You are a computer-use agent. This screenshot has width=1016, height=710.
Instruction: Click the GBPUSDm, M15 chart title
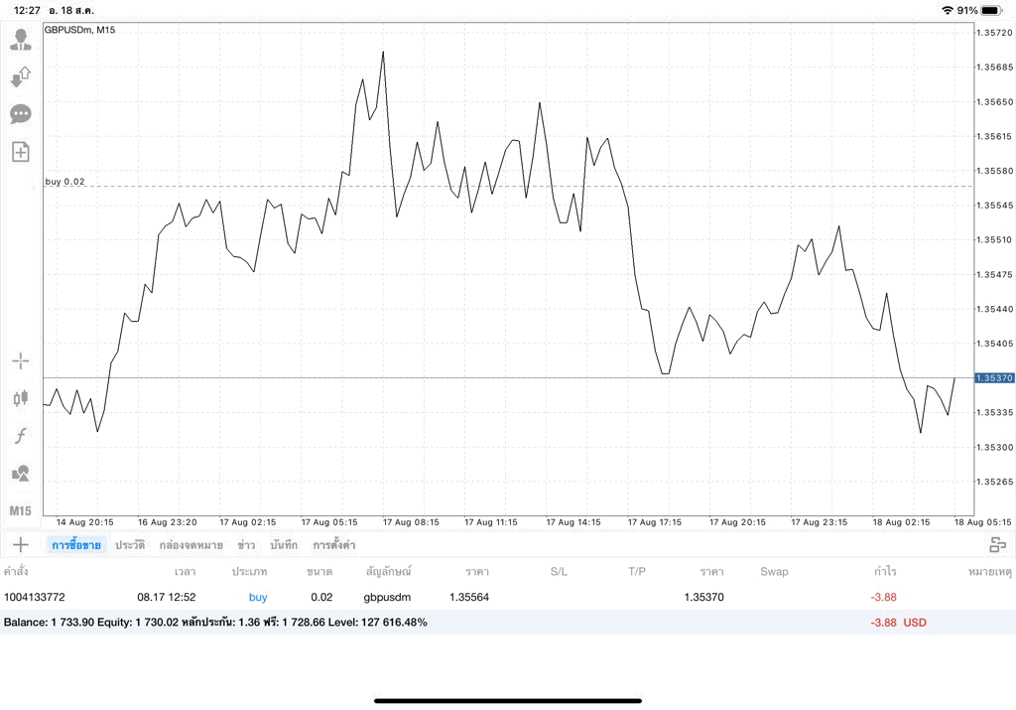(x=79, y=30)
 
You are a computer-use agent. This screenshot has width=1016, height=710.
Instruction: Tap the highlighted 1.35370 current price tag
(x=994, y=378)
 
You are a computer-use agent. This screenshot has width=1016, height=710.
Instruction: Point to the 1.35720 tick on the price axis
(x=994, y=33)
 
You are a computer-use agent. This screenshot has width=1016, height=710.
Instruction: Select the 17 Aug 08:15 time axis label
(x=411, y=522)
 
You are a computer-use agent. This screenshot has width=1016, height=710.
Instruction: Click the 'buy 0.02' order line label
(x=64, y=182)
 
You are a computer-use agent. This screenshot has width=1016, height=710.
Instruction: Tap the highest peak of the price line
(x=383, y=52)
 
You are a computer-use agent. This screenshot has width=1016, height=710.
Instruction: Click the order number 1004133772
(x=35, y=597)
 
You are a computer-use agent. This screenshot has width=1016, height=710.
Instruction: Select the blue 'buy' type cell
(x=258, y=597)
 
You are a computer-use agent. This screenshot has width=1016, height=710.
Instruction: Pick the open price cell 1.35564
(x=469, y=597)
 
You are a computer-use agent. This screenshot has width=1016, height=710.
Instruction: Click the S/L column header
(x=559, y=571)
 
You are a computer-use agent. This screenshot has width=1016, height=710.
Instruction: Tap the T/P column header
(x=637, y=571)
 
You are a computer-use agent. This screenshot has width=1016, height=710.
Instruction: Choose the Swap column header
(x=774, y=571)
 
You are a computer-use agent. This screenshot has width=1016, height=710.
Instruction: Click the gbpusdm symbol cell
(x=387, y=597)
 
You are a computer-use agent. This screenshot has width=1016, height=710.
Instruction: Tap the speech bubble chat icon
(x=21, y=115)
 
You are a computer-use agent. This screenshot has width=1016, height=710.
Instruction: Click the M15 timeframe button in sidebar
(x=20, y=511)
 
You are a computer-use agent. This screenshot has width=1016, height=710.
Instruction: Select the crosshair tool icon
(x=21, y=360)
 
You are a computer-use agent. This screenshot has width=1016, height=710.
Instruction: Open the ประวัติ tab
(x=130, y=544)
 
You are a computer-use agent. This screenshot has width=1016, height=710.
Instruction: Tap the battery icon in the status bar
(x=992, y=10)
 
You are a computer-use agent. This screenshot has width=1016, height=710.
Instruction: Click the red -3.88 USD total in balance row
(x=898, y=623)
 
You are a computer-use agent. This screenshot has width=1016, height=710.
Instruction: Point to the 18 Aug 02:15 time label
(x=901, y=522)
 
